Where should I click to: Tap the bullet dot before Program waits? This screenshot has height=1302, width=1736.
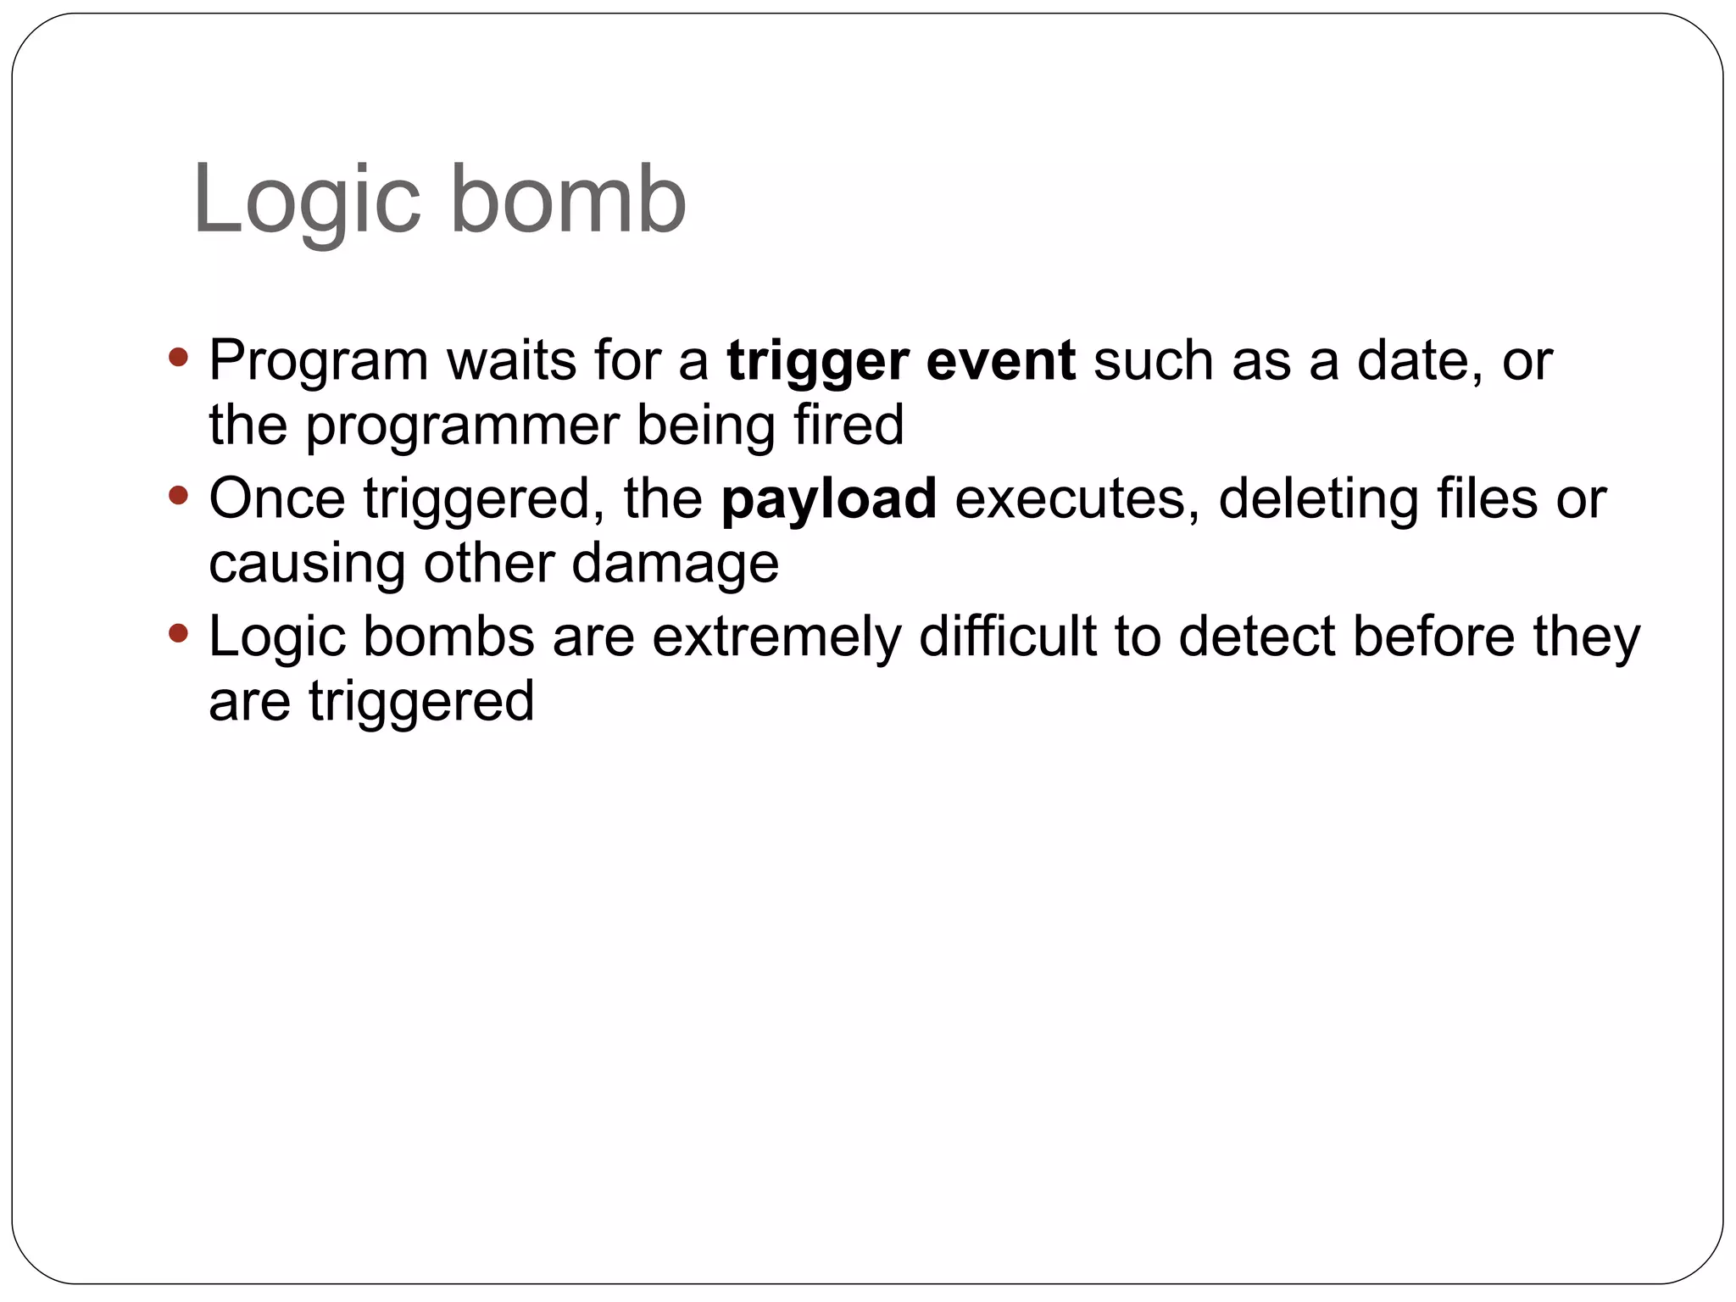point(178,357)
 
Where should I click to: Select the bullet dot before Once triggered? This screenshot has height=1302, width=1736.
point(178,495)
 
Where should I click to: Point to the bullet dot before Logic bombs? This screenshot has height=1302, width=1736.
point(178,633)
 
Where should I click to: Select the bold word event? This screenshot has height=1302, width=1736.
point(1000,360)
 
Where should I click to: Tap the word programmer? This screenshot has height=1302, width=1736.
point(462,426)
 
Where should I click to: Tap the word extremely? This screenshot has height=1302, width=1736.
point(776,637)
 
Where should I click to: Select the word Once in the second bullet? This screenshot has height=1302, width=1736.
point(277,498)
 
